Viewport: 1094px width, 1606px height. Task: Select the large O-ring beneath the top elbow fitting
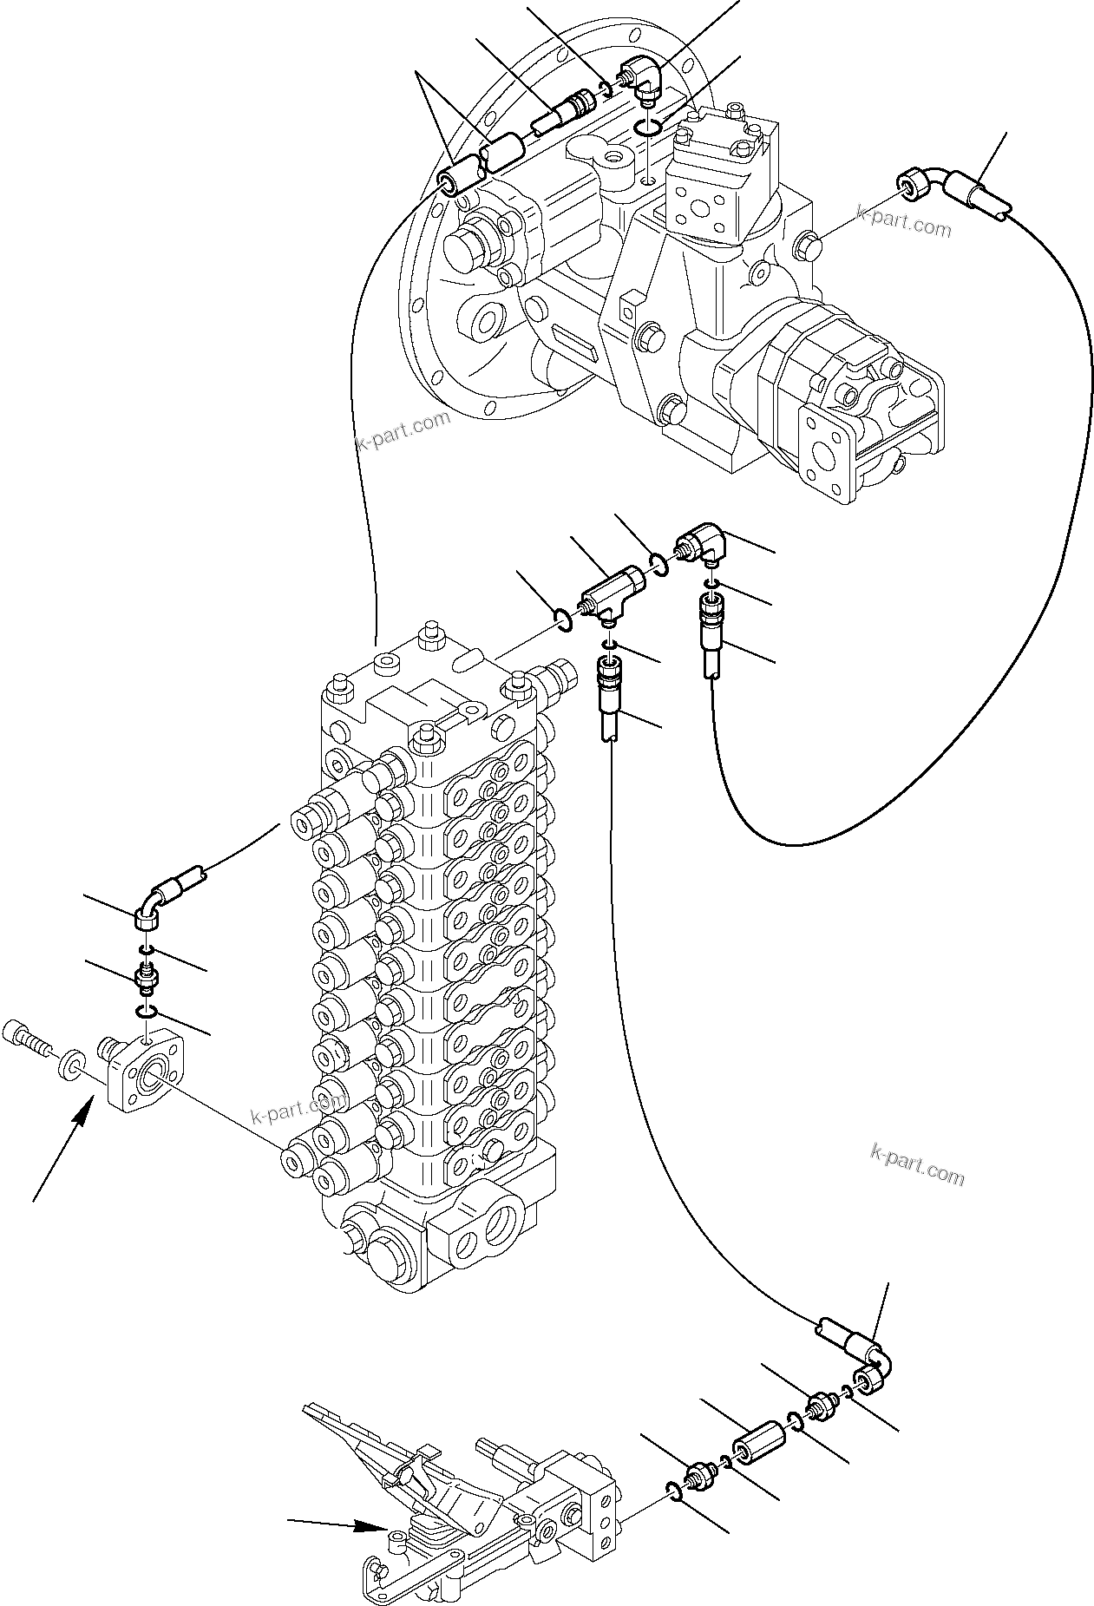tap(646, 129)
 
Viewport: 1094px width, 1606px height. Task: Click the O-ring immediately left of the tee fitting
tap(563, 619)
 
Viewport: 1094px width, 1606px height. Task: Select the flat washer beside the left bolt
tap(69, 1064)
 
